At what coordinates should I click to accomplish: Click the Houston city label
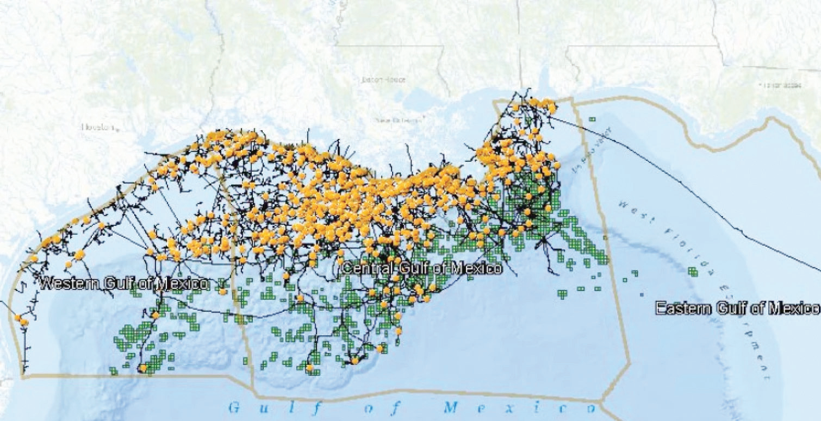click(98, 127)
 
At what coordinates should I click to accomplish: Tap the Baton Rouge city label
click(383, 80)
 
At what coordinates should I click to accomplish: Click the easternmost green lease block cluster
click(693, 271)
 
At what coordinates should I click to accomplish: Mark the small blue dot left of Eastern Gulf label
click(642, 294)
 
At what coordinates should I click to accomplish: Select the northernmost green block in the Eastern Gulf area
click(592, 119)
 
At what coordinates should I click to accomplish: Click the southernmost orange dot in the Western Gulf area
click(143, 368)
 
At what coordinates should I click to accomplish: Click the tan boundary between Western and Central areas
click(239, 304)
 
